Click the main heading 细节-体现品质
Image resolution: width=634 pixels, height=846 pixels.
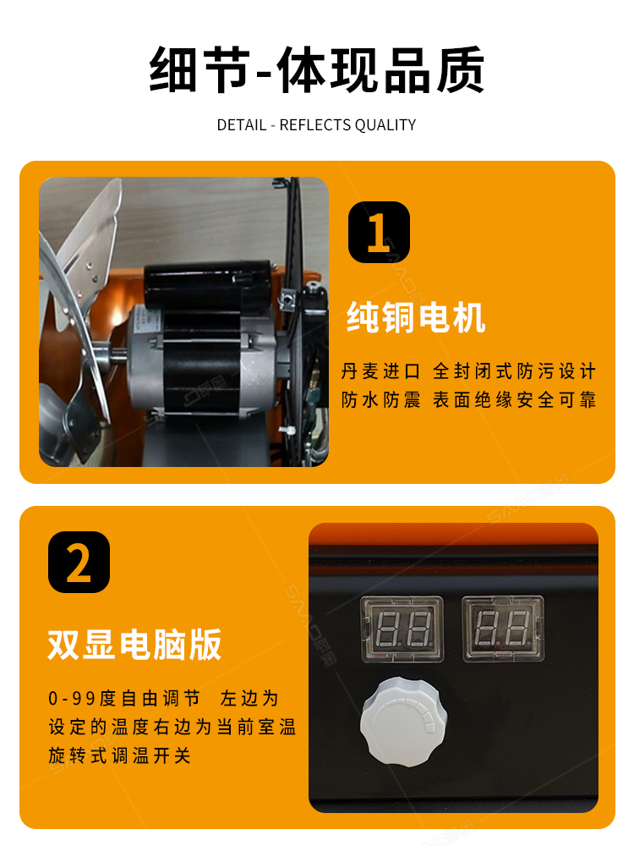click(316, 70)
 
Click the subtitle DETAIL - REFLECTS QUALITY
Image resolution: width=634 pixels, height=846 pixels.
click(316, 125)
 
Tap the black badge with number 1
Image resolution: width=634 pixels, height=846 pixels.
click(379, 232)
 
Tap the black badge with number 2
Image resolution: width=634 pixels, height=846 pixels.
click(79, 563)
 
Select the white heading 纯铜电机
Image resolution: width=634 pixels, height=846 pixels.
click(416, 317)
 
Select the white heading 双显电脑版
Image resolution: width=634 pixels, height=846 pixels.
click(134, 644)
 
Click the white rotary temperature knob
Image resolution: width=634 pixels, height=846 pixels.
click(403, 722)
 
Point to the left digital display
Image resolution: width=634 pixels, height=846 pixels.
click(402, 629)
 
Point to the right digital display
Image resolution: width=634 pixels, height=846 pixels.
click(503, 629)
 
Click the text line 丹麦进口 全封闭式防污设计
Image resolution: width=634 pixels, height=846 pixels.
click(468, 371)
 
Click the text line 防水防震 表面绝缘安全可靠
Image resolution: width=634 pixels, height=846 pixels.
click(468, 400)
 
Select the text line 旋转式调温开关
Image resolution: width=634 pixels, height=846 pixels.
click(120, 755)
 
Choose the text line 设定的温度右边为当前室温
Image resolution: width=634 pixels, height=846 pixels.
click(172, 727)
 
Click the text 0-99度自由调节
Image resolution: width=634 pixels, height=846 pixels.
click(124, 698)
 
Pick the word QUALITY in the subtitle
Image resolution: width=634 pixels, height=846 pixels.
click(385, 125)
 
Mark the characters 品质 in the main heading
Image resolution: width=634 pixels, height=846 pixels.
click(434, 70)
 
